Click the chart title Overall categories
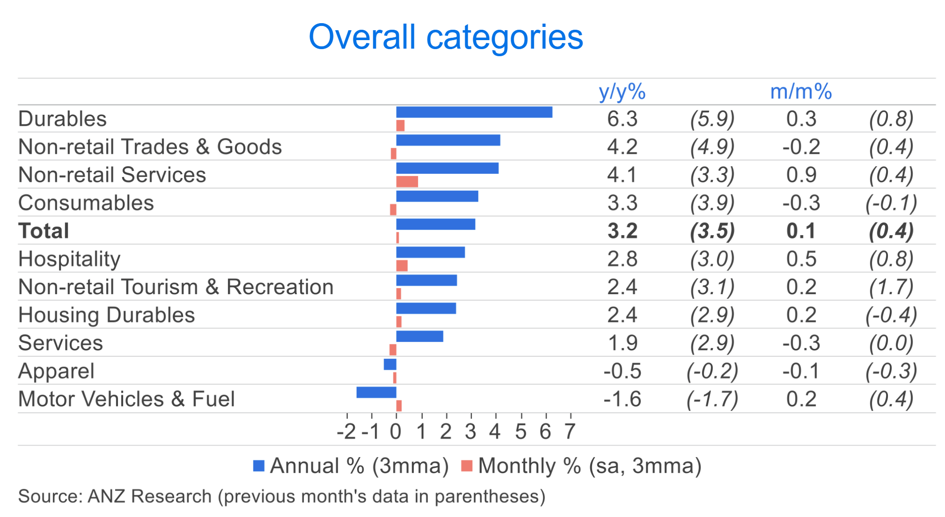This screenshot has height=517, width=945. [x=445, y=37]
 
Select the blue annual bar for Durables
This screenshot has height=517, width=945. [x=474, y=112]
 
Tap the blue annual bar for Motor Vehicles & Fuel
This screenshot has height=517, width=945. [x=376, y=392]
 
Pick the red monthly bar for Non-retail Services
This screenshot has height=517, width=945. [x=407, y=182]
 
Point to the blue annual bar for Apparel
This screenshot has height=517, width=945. [x=390, y=364]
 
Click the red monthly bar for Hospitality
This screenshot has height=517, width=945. [x=401, y=266]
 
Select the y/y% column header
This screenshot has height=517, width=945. [x=622, y=92]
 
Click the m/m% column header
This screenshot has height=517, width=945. [x=801, y=92]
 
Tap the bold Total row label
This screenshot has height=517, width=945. [x=44, y=231]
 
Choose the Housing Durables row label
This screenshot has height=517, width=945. [x=107, y=315]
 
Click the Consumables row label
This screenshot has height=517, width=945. [x=86, y=203]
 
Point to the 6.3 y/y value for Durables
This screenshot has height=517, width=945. [x=622, y=119]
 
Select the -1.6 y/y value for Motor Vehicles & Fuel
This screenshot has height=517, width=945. [x=622, y=399]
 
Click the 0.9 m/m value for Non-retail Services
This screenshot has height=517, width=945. [x=801, y=175]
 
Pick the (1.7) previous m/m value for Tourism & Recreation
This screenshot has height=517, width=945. [x=891, y=287]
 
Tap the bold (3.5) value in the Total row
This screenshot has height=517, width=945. [x=712, y=231]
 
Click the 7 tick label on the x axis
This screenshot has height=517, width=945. [x=570, y=432]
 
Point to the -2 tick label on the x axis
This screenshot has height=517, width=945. [x=346, y=432]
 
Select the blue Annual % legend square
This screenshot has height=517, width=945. [x=259, y=466]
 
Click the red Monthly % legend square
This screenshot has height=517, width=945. [x=467, y=466]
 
